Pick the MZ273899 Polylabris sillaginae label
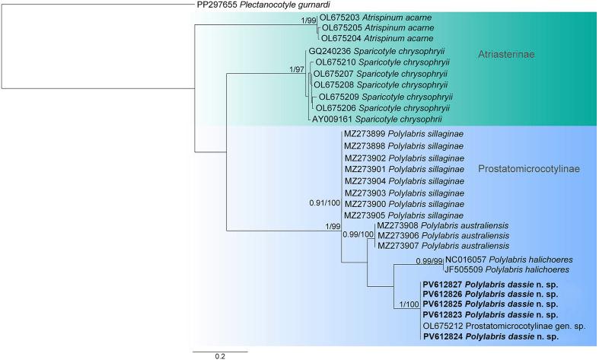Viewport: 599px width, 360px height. point(403,134)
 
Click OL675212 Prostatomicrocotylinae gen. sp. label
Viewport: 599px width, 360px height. point(503,325)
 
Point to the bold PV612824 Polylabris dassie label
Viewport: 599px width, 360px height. point(491,336)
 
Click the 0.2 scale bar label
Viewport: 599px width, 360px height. point(219,355)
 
